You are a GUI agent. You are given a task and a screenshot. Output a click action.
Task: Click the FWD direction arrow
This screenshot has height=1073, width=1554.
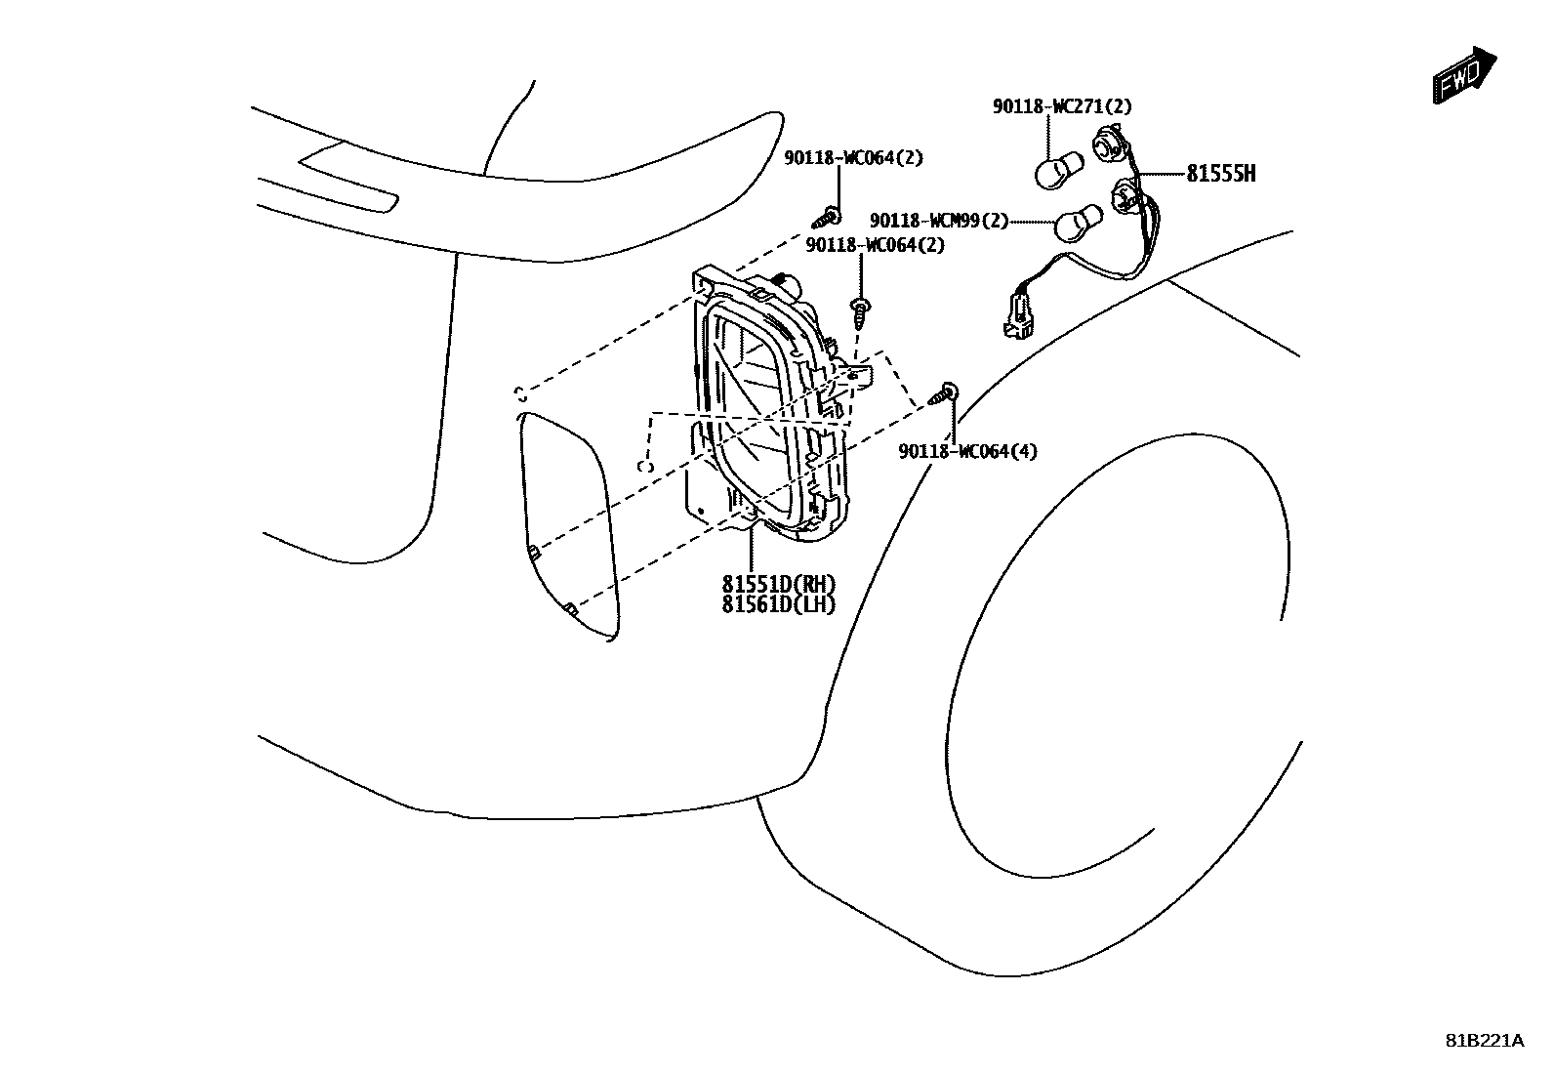(x=1464, y=74)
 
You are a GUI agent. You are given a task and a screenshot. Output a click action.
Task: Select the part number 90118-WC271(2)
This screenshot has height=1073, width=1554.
(x=1062, y=107)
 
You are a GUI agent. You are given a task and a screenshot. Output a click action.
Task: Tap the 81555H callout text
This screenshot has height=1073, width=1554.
(x=1220, y=175)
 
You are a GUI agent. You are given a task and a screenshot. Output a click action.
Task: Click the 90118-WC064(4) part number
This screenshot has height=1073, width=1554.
(x=967, y=451)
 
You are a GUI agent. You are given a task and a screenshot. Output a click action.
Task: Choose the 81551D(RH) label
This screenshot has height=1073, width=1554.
(x=779, y=584)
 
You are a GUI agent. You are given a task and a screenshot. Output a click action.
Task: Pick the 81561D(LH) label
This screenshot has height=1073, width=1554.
(x=779, y=604)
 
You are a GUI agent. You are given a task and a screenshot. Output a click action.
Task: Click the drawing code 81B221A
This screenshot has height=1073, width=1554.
(x=1484, y=1040)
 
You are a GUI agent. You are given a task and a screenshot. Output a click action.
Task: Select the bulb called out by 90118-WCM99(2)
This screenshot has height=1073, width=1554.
(x=1076, y=224)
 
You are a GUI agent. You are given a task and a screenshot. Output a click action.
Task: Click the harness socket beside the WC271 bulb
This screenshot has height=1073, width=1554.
(x=1110, y=144)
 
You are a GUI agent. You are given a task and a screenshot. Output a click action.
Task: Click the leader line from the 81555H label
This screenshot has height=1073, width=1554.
(x=1162, y=175)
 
